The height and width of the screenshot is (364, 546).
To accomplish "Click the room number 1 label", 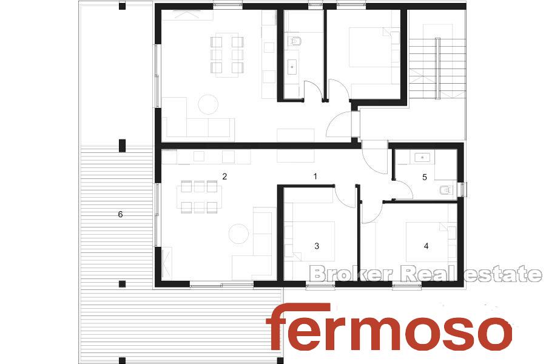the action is (315, 177).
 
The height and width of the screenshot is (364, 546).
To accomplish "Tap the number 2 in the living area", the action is (224, 177).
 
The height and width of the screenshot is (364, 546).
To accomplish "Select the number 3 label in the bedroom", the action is (317, 246).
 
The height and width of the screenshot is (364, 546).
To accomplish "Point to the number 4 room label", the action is (426, 246).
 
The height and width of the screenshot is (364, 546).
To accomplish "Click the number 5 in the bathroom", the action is (425, 177).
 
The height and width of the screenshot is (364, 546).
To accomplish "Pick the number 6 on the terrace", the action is (121, 214).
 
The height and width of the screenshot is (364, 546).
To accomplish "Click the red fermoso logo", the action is (389, 326).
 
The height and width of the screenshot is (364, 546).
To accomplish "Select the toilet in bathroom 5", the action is (447, 190).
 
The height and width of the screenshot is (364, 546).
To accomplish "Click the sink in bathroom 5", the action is (422, 158).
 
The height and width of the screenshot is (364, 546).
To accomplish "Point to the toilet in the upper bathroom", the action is (295, 41).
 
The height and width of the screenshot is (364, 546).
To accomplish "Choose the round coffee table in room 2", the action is (238, 234).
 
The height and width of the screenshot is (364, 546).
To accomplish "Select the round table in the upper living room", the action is (208, 104).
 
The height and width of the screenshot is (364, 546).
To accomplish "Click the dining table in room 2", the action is (199, 197).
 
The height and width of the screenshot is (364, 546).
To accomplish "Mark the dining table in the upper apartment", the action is (227, 55).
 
